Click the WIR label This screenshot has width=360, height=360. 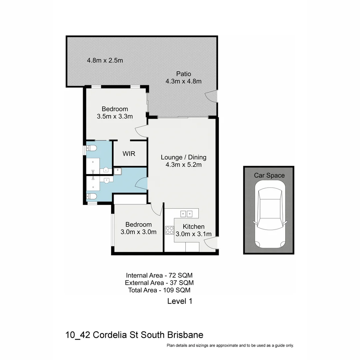pos(129,154)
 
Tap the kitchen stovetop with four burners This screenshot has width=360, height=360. pos(170,230)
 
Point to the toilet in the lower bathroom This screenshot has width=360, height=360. pos(92,197)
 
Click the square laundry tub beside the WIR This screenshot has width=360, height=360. pos(118,171)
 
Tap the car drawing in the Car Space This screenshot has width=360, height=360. pos(269,218)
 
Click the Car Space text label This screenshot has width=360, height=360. pos(269,175)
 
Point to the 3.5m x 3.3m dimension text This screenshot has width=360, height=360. pos(115,116)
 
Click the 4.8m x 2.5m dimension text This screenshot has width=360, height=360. pos(105,60)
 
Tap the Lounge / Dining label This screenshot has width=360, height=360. pos(183,157)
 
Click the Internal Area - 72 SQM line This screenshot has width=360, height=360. pos(159,275)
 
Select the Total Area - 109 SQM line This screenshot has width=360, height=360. pos(159,290)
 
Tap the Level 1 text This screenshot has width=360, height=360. pos(180,301)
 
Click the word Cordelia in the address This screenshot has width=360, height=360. pos(108,335)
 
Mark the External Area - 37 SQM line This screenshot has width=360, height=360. pos(159,283)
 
